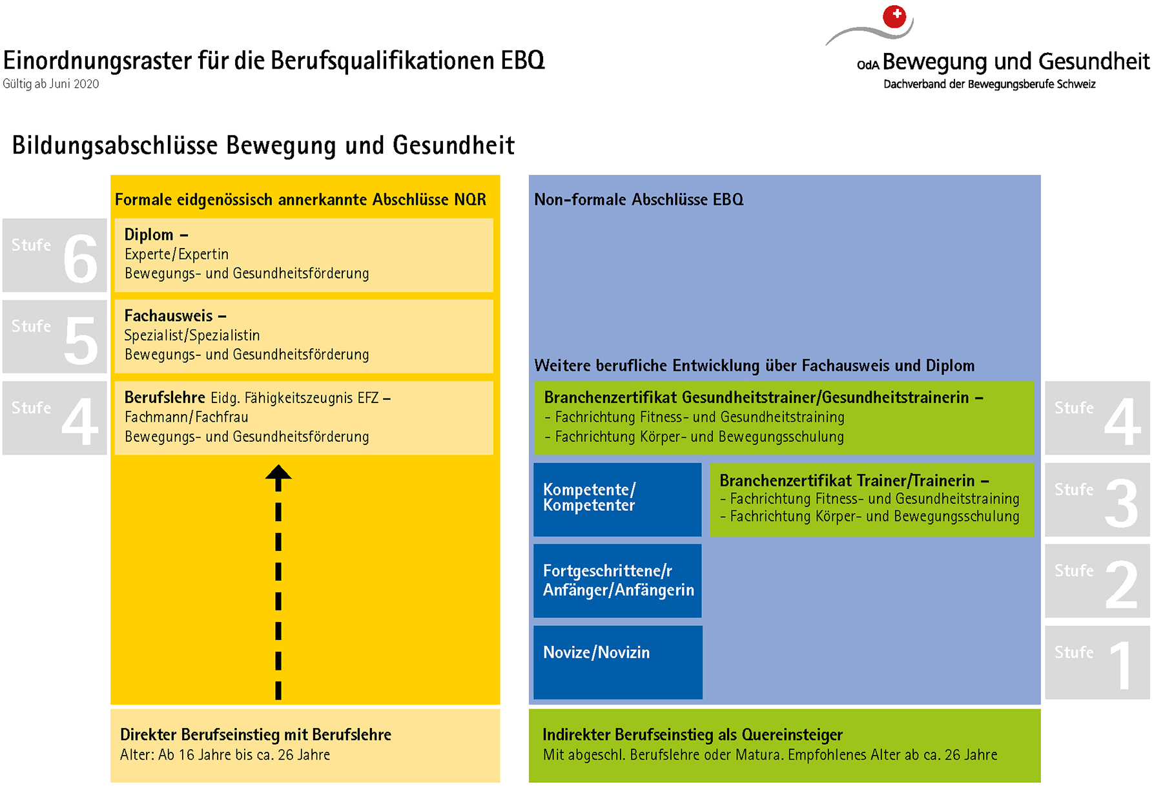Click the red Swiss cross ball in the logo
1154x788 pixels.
pyautogui.click(x=894, y=16)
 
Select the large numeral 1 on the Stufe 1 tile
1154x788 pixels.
pyautogui.click(x=1122, y=665)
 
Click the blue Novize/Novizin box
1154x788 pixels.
pyautogui.click(x=618, y=662)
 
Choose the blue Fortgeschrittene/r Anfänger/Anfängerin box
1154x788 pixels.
pyautogui.click(x=617, y=581)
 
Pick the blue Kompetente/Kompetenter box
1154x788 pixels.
pyautogui.click(x=617, y=499)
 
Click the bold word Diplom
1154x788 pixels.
pyautogui.click(x=149, y=235)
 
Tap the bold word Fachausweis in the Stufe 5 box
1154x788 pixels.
pyautogui.click(x=169, y=316)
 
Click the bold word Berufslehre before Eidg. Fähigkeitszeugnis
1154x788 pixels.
pyautogui.click(x=165, y=397)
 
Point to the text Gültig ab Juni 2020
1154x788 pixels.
pyautogui.click(x=51, y=84)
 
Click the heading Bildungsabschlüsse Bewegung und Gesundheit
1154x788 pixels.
pyautogui.click(x=263, y=145)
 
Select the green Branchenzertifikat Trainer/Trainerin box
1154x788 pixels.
pyautogui.click(x=872, y=499)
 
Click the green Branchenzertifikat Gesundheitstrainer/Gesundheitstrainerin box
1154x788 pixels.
pyautogui.click(x=784, y=418)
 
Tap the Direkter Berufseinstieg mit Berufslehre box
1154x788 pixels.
pyautogui.click(x=305, y=746)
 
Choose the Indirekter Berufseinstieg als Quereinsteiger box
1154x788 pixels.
pyautogui.click(x=785, y=746)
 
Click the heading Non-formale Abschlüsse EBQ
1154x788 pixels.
pyautogui.click(x=639, y=200)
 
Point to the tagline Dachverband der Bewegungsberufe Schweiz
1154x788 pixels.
pyautogui.click(x=989, y=84)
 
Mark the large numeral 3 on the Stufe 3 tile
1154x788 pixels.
pyautogui.click(x=1122, y=503)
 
